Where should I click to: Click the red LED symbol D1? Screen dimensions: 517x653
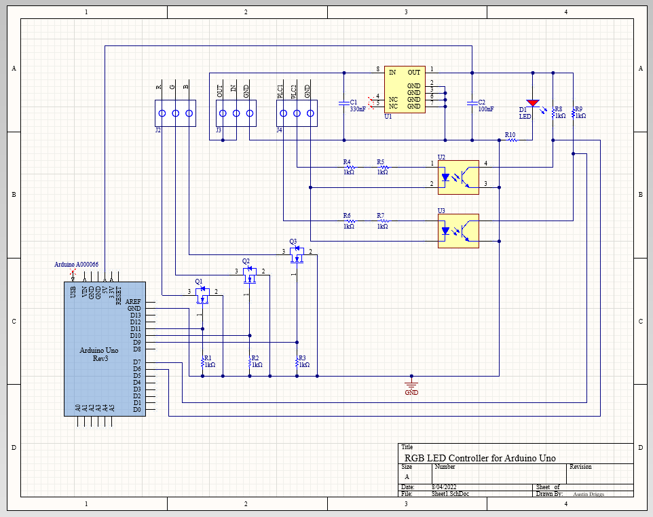click(x=533, y=102)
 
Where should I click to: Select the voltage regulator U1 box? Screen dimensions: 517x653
click(x=405, y=90)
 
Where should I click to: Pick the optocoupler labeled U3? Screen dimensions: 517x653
click(x=458, y=231)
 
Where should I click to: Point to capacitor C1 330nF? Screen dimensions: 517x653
click(x=343, y=103)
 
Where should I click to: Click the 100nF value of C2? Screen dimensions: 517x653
click(x=486, y=109)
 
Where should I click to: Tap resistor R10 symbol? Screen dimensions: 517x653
click(x=512, y=140)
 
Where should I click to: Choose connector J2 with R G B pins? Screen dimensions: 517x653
click(x=175, y=113)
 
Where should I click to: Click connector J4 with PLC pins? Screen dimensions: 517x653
click(x=297, y=113)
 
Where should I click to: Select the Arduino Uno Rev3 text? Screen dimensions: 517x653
click(x=99, y=354)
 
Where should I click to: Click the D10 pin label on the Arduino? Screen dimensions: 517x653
click(x=136, y=335)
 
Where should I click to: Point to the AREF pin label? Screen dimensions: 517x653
click(x=134, y=301)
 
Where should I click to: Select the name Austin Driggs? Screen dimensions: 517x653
click(x=589, y=494)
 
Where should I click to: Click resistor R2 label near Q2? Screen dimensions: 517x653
click(x=255, y=358)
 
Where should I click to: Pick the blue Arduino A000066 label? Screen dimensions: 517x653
click(x=77, y=264)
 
